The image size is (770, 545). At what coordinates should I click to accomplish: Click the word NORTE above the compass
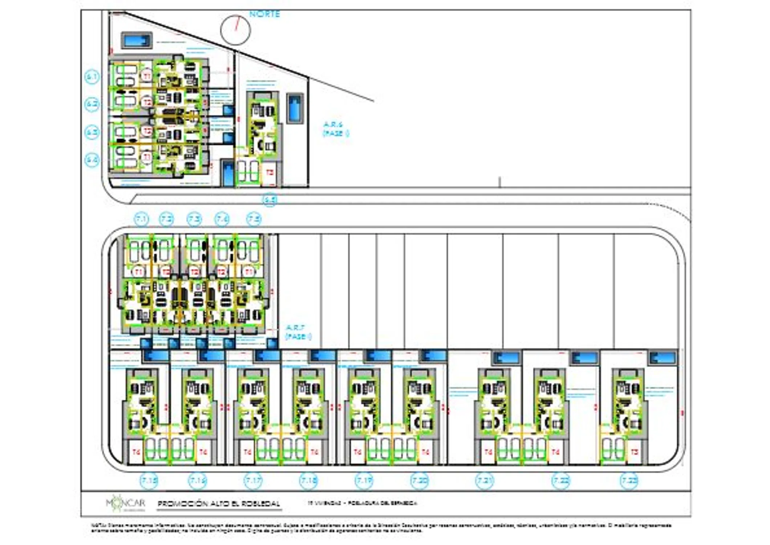[x=264, y=14]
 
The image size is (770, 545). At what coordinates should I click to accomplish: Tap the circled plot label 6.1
[x=92, y=77]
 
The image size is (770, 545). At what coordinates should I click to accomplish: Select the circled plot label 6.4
[x=92, y=160]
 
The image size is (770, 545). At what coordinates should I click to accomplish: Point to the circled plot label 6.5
[x=270, y=199]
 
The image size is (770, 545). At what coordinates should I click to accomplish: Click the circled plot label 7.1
[x=141, y=219]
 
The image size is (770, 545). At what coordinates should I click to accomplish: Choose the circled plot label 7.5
[x=254, y=219]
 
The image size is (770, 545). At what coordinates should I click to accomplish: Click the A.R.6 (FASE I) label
[x=336, y=129]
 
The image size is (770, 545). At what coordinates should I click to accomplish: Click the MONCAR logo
[x=126, y=503]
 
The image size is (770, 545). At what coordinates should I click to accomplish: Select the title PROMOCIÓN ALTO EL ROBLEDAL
[x=219, y=504]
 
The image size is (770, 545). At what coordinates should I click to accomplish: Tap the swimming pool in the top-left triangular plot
[x=137, y=40]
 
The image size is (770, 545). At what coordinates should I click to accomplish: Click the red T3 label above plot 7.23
[x=635, y=452]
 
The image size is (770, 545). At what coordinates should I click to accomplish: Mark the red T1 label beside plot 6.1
[x=147, y=76]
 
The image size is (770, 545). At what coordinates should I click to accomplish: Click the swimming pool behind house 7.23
[x=663, y=358]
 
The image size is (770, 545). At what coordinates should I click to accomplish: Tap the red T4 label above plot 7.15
[x=136, y=452]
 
